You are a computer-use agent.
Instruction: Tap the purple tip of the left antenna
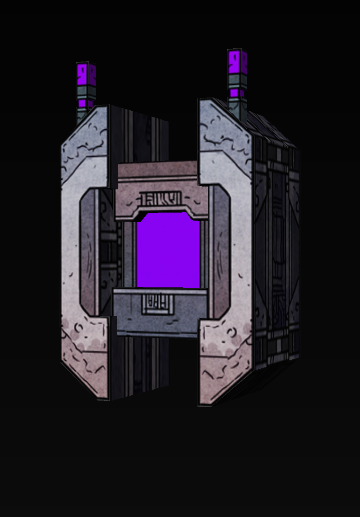tap(86, 72)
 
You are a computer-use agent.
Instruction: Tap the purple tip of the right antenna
tap(237, 61)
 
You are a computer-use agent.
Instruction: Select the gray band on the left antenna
tap(86, 92)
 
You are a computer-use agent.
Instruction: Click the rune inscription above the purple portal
tap(161, 198)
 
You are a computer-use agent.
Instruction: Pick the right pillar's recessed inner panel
tap(221, 251)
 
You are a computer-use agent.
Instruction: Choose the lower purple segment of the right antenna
tap(237, 94)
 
